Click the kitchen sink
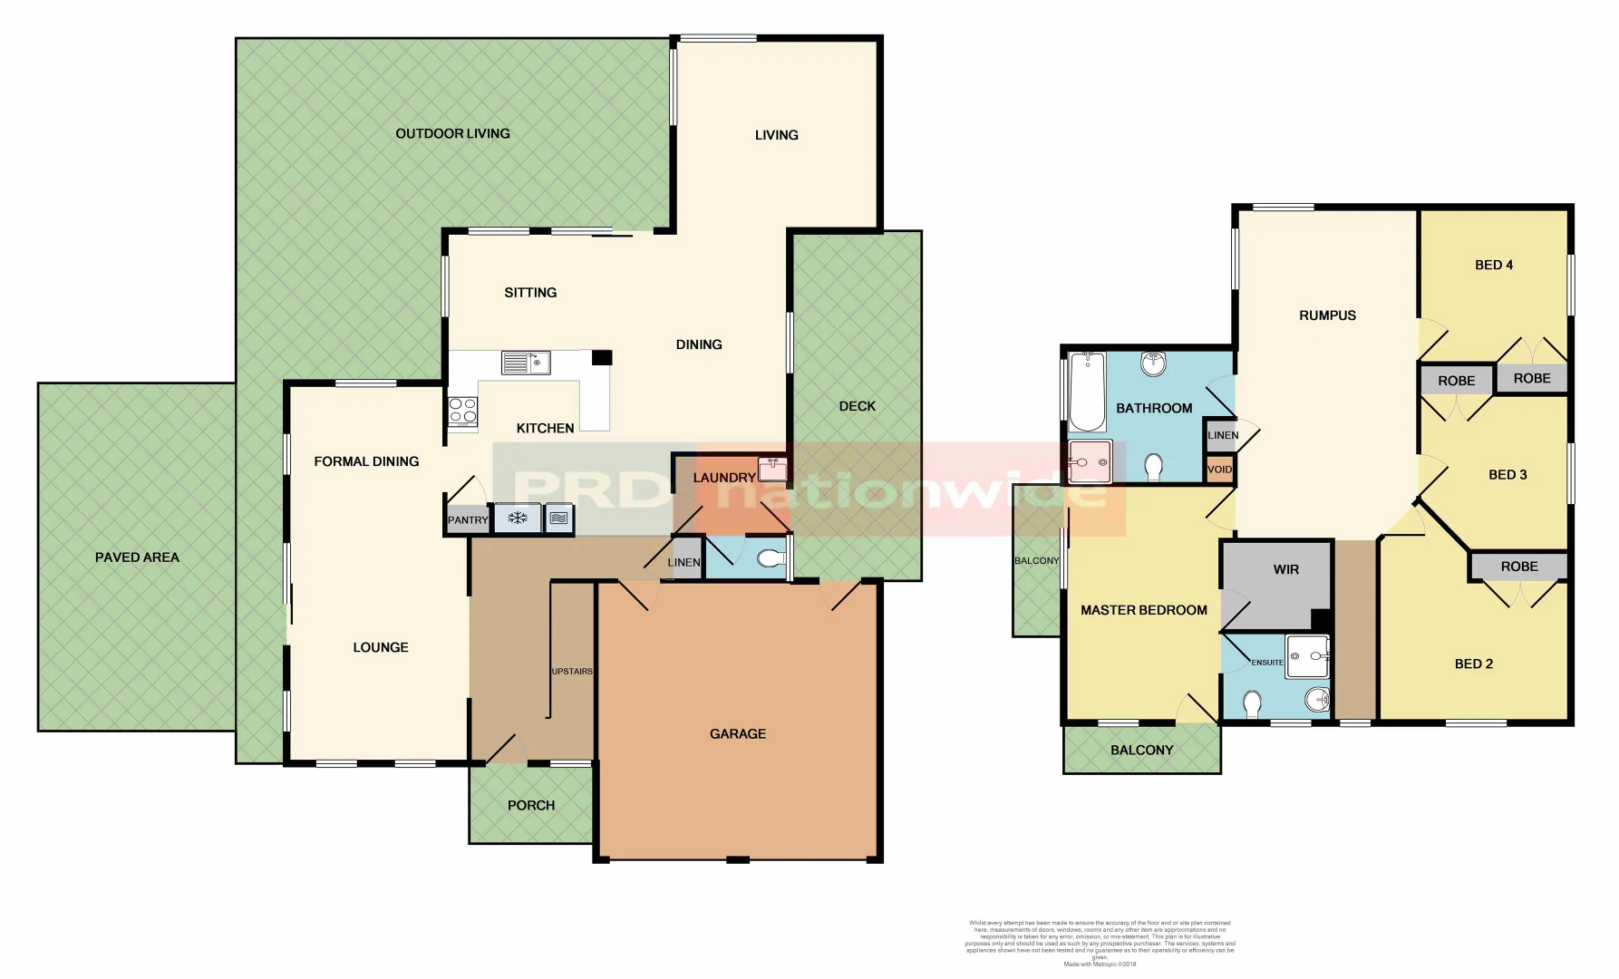(526, 363)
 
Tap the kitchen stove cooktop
(462, 411)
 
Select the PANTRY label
(468, 520)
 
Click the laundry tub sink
(772, 469)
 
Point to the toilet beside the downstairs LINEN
(771, 559)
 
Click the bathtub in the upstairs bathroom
(1087, 392)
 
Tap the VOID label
(1220, 470)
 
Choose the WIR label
(1285, 570)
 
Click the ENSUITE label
(1267, 663)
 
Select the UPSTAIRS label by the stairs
(572, 672)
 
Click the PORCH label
(531, 805)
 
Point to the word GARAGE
(738, 734)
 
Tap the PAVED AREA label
(137, 557)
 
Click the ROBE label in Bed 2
(1519, 567)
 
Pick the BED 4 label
(1494, 265)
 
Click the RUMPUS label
(1327, 315)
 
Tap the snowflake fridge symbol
(518, 519)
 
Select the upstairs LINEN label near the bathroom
(1223, 435)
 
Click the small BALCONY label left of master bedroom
(1036, 561)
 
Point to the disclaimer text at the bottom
(1100, 943)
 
